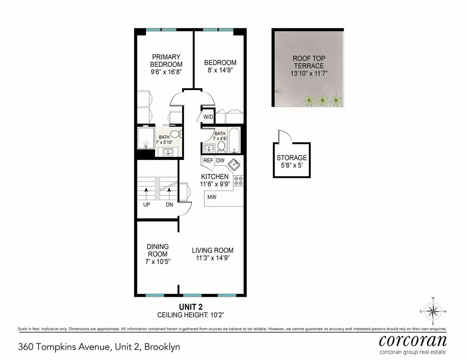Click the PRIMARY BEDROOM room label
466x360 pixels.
pos(166,60)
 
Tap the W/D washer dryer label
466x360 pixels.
pos(208,117)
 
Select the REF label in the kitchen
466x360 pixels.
pos(208,160)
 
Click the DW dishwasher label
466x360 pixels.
pos(220,160)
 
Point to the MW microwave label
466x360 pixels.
pos(212,197)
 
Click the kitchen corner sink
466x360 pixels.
pos(235,165)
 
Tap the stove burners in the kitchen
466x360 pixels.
pos(238,181)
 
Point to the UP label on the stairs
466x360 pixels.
pos(146,205)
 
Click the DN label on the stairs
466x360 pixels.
pos(169,205)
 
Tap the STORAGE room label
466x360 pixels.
pos(292,158)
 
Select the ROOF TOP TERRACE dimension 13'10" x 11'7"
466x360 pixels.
pos(308,73)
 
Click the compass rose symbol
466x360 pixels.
pos(433,311)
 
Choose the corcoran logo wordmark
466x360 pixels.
pos(412,340)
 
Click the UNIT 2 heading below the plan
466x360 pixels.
pos(190,307)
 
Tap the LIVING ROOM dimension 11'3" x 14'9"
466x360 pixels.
pos(212,258)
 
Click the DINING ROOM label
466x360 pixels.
pos(158,250)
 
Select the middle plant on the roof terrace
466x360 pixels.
pos(322,100)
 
